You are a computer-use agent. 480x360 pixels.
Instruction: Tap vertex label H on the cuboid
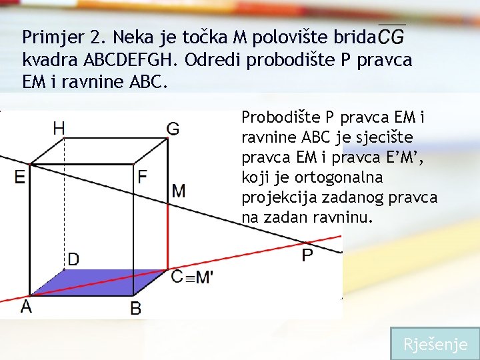pyautogui.click(x=59, y=127)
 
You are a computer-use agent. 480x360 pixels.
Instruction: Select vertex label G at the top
pyautogui.click(x=173, y=129)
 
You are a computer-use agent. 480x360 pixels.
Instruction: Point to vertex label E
pyautogui.click(x=19, y=177)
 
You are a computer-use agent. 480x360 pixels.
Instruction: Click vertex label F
pyautogui.click(x=142, y=177)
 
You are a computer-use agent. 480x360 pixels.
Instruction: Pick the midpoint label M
pyautogui.click(x=179, y=191)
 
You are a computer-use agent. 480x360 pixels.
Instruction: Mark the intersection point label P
pyautogui.click(x=307, y=255)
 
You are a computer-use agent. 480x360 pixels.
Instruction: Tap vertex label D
pyautogui.click(x=73, y=259)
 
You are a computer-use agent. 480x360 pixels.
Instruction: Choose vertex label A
pyautogui.click(x=26, y=307)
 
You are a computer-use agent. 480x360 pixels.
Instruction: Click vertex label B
pyautogui.click(x=135, y=308)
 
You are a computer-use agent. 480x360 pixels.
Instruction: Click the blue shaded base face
pyautogui.click(x=100, y=282)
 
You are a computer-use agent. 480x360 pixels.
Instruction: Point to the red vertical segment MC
pyautogui.click(x=167, y=233)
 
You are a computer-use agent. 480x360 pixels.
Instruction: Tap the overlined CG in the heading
pyautogui.click(x=391, y=37)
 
